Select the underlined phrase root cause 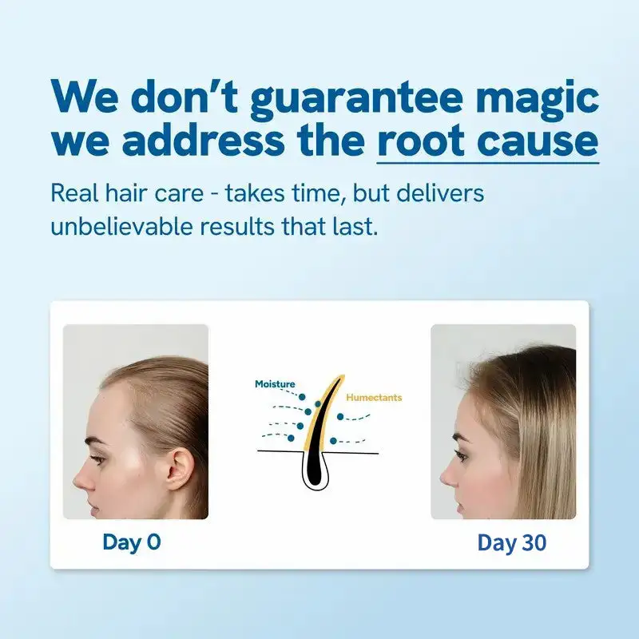pyautogui.click(x=487, y=141)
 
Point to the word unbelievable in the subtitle pyautogui.click(x=122, y=226)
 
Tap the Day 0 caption pyautogui.click(x=132, y=542)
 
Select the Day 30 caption pyautogui.click(x=512, y=543)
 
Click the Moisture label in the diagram pyautogui.click(x=275, y=384)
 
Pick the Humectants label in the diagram pyautogui.click(x=374, y=397)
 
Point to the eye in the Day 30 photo pyautogui.click(x=462, y=456)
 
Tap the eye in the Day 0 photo pyautogui.click(x=97, y=459)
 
